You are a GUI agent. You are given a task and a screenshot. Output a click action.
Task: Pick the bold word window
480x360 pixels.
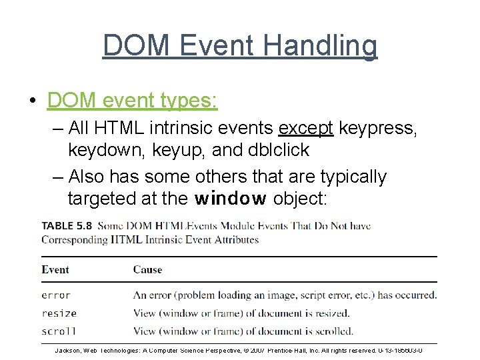231,199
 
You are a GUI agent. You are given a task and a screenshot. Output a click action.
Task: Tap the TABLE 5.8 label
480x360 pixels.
67,226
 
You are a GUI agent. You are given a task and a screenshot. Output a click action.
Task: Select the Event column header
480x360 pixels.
55,269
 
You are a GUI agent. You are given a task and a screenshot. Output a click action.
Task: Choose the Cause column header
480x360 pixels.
147,269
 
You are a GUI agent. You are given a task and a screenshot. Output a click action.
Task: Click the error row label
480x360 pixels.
56,295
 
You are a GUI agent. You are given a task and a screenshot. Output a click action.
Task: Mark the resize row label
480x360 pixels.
59,313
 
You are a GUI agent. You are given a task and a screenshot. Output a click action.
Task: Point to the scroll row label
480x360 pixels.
59,331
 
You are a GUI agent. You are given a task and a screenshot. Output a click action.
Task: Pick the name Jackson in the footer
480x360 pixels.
69,349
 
